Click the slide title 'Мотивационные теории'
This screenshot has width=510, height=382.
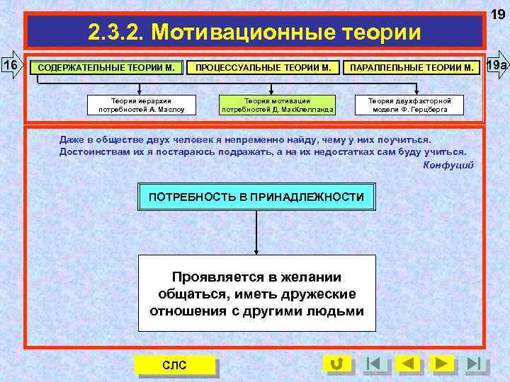254,32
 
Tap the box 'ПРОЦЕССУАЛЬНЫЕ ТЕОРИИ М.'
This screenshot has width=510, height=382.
263,68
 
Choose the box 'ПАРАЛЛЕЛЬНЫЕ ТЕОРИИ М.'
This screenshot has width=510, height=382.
411,68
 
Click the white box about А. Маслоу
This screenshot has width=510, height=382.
135,105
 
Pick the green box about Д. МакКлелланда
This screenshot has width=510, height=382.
277,105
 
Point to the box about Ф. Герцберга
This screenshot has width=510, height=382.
409,105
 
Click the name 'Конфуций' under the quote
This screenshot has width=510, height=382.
448,165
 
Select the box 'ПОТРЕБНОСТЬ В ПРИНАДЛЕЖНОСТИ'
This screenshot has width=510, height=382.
256,196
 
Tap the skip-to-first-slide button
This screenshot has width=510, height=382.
373,364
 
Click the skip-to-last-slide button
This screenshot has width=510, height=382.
477,364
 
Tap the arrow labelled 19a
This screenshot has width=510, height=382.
497,66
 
